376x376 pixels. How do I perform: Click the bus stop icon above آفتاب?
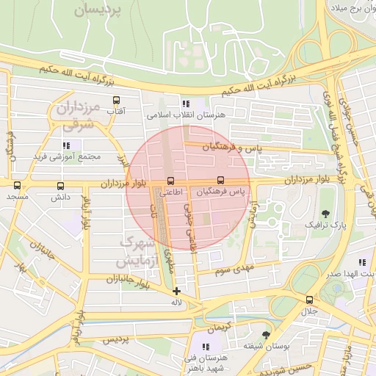click(116, 100)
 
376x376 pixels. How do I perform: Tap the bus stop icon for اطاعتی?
click(171, 181)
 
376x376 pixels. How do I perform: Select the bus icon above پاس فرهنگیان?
click(221, 180)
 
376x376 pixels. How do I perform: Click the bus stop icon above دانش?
click(60, 186)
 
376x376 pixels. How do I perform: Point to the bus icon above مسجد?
click(16, 186)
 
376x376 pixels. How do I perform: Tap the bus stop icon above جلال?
click(309, 300)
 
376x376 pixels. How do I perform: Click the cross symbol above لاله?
click(176, 291)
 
